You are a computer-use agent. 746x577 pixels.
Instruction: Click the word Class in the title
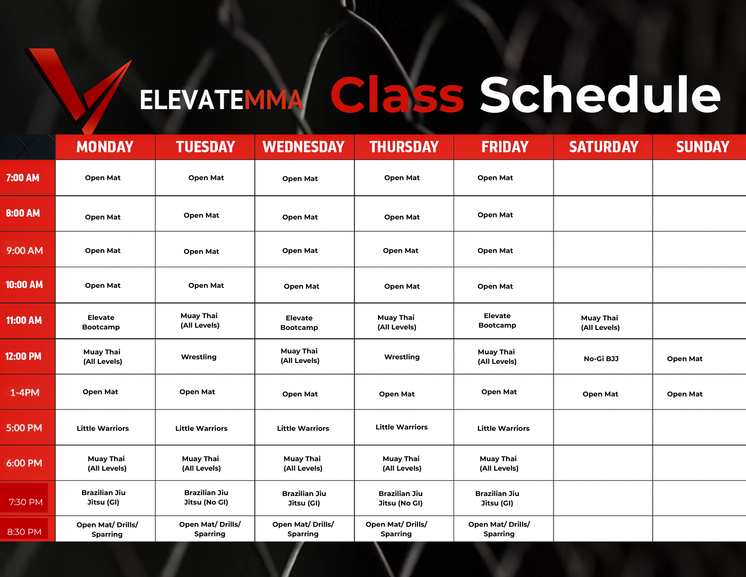point(397,95)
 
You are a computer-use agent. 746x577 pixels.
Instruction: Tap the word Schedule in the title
point(600,95)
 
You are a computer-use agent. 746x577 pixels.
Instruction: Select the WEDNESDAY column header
point(303,147)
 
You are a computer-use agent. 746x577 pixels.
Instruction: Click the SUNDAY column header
point(703,147)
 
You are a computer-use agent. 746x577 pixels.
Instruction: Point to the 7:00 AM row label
point(23,178)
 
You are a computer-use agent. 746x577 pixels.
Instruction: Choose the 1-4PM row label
point(25,392)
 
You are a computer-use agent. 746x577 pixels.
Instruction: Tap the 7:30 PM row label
point(26,502)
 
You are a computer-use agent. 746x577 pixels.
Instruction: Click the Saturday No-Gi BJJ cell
point(601,359)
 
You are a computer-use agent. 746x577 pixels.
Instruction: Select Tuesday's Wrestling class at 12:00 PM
point(199,357)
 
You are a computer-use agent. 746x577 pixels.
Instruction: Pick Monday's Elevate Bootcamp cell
point(101,322)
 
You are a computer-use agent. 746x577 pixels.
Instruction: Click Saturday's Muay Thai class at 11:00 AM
point(600,323)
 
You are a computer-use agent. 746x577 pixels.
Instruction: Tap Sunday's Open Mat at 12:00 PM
point(685,359)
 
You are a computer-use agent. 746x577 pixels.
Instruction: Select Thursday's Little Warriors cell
point(401,427)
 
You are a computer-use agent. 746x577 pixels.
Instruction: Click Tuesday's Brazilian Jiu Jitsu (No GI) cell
point(206,498)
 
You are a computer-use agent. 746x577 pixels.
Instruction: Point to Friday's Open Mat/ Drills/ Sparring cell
point(499,529)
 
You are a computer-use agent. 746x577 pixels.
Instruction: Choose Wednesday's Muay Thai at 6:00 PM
point(303,463)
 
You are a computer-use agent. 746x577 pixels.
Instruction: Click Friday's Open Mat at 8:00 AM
point(495,215)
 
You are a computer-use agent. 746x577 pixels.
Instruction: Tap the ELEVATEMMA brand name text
point(222,100)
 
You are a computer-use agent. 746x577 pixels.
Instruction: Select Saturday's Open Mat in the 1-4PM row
point(600,394)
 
